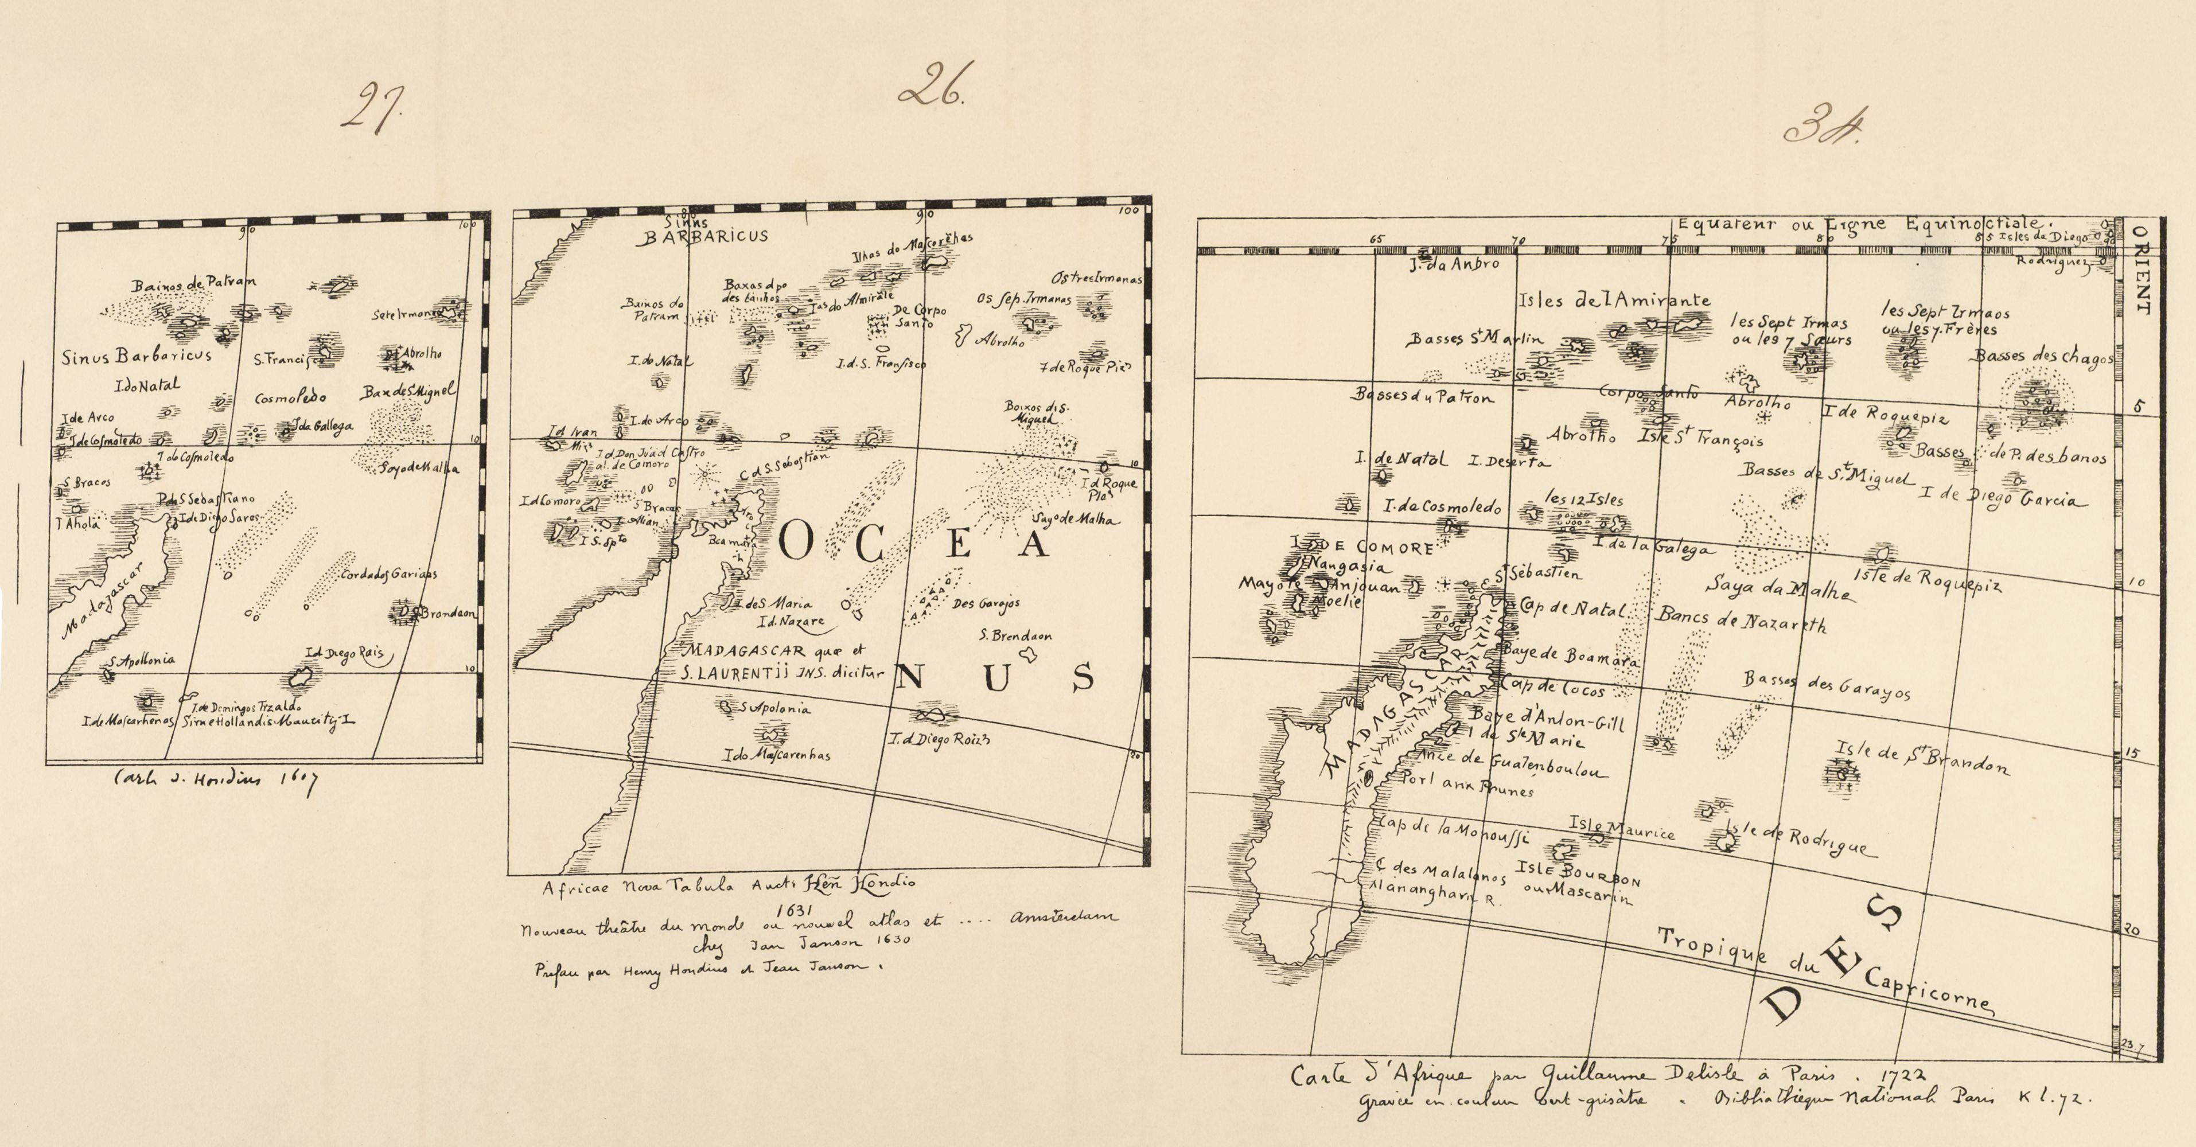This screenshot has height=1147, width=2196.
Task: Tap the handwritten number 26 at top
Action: pyautogui.click(x=932, y=85)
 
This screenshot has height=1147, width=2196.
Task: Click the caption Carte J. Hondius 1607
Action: pyautogui.click(x=214, y=780)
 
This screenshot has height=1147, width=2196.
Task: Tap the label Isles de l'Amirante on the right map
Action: pyautogui.click(x=1614, y=300)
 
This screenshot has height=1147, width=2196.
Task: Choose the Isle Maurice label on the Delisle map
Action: pyautogui.click(x=1621, y=828)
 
